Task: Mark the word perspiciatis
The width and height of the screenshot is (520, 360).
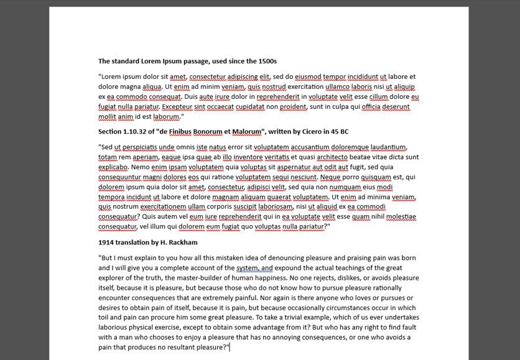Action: [140, 147]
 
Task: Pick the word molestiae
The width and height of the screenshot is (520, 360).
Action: [401, 216]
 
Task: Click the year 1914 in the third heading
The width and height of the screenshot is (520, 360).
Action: [106, 242]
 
